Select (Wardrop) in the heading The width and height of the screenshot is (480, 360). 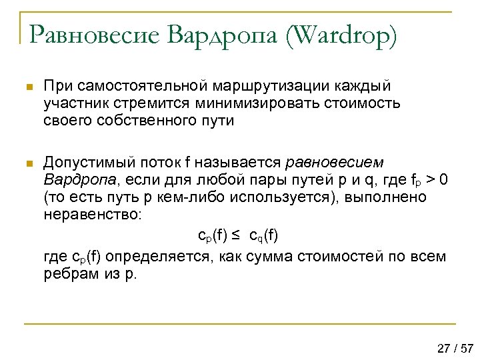[341, 35]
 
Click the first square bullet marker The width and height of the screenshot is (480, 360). [27, 88]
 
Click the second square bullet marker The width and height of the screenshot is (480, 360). [27, 163]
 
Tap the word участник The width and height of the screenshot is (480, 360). [73, 104]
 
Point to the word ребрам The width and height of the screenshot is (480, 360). [67, 275]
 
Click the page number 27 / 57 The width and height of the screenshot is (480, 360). [455, 347]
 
